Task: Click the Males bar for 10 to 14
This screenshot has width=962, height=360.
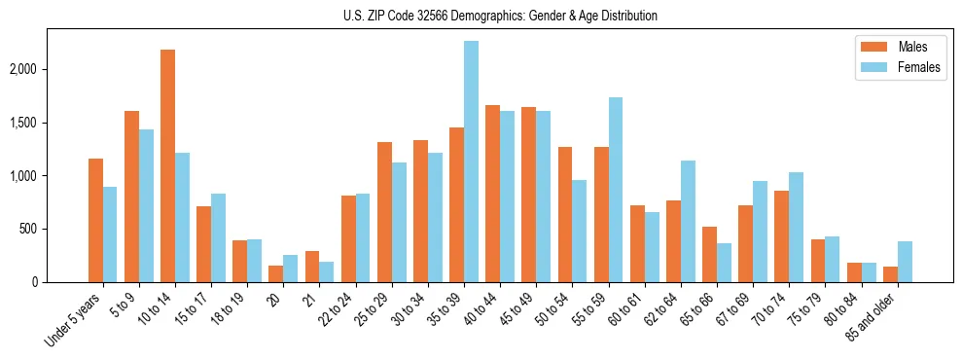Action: click(x=167, y=165)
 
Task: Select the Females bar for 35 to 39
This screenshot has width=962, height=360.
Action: click(x=471, y=162)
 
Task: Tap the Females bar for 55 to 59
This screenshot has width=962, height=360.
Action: click(x=616, y=190)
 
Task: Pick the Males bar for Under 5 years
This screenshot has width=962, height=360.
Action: click(x=95, y=220)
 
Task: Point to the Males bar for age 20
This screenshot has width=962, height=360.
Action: click(x=276, y=273)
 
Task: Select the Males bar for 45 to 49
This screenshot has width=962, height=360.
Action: click(x=528, y=195)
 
